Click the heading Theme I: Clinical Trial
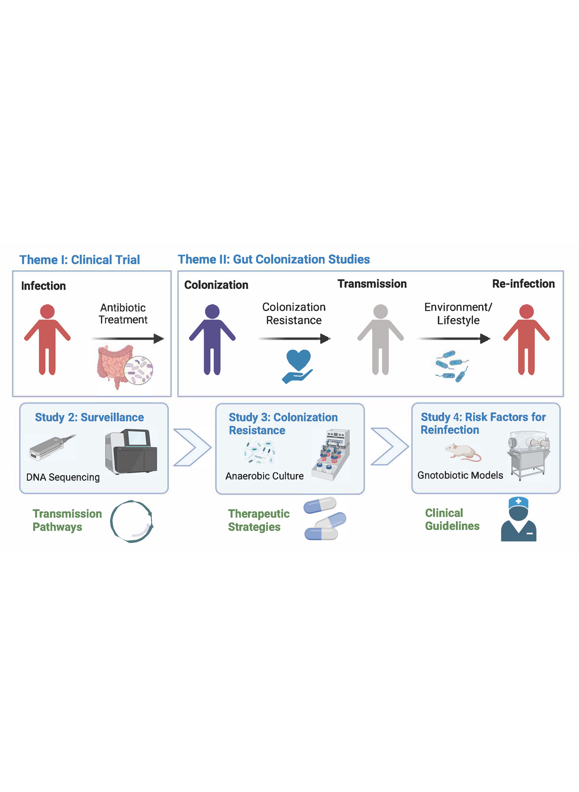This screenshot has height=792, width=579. click(x=80, y=260)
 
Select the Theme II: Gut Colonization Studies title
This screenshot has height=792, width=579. click(x=274, y=259)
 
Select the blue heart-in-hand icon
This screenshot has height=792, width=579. click(x=298, y=366)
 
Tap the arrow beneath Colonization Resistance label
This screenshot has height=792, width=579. click(x=294, y=338)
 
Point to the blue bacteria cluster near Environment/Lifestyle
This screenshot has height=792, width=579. click(x=452, y=366)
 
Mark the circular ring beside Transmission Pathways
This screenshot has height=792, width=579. click(x=132, y=521)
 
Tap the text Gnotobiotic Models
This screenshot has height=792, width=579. click(x=460, y=475)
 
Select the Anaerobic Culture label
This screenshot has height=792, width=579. click(x=264, y=476)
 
